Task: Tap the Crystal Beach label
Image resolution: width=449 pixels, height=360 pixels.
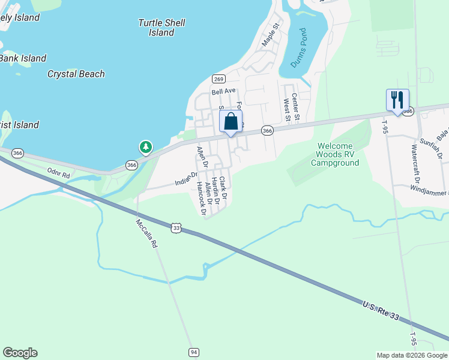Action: click(76, 74)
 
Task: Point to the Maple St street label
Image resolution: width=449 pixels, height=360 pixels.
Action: click(271, 35)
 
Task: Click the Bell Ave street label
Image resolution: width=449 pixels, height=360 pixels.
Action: click(223, 92)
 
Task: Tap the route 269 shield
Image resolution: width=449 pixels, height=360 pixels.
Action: click(218, 79)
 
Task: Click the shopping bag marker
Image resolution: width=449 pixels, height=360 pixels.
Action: click(231, 122)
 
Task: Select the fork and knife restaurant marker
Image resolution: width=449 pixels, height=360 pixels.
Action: click(397, 100)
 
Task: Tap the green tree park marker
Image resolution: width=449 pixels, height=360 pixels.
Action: click(145, 146)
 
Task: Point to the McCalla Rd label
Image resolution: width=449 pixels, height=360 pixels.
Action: click(146, 232)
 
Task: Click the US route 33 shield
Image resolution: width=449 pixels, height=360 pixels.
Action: click(176, 228)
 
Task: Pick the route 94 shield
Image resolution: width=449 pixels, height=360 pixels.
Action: click(193, 352)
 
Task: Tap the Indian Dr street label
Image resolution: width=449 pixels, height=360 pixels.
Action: click(186, 179)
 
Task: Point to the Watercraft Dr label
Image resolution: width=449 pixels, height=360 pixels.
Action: click(414, 163)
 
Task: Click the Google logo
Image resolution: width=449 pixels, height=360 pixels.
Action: click(20, 353)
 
